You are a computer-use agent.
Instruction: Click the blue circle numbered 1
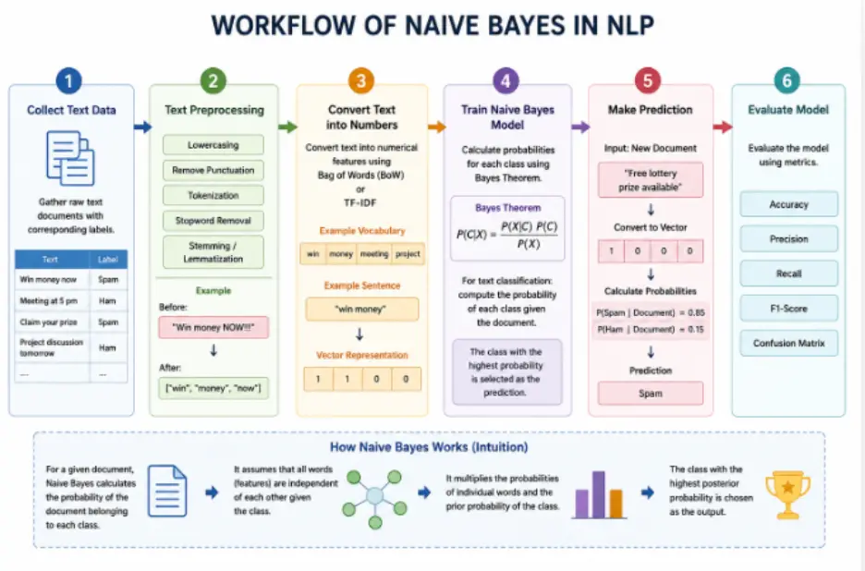pyautogui.click(x=69, y=80)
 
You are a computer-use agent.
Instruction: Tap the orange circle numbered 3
pyautogui.click(x=361, y=80)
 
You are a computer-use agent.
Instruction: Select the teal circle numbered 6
pyautogui.click(x=787, y=80)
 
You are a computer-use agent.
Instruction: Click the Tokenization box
pyautogui.click(x=213, y=195)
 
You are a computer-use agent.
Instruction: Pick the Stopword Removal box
pyautogui.click(x=213, y=221)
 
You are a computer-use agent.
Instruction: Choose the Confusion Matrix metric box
pyautogui.click(x=789, y=343)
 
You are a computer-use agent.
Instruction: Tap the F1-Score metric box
pyautogui.click(x=789, y=309)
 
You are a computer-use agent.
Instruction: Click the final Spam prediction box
pyautogui.click(x=651, y=394)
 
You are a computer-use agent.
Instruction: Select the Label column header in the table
pyautogui.click(x=108, y=260)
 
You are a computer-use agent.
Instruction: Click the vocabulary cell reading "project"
pyautogui.click(x=408, y=254)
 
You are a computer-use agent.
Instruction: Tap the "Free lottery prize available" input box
pyautogui.click(x=651, y=180)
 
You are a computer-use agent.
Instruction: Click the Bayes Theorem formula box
pyautogui.click(x=507, y=228)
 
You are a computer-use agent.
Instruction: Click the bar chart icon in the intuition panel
pyautogui.click(x=599, y=495)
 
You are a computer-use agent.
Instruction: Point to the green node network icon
pyautogui.click(x=374, y=499)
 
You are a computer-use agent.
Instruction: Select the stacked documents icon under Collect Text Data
pyautogui.click(x=70, y=158)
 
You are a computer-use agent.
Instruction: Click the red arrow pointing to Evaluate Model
pyautogui.click(x=722, y=128)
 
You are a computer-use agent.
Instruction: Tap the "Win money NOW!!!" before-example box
pyautogui.click(x=213, y=327)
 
